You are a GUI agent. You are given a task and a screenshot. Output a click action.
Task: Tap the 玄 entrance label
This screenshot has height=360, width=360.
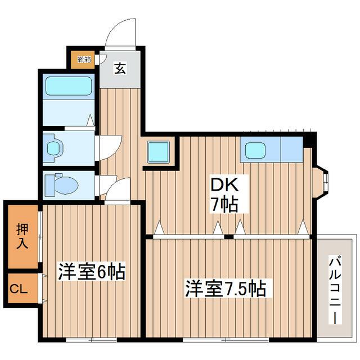click(x=120, y=68)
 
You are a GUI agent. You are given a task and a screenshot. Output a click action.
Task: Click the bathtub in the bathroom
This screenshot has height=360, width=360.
click(x=67, y=87)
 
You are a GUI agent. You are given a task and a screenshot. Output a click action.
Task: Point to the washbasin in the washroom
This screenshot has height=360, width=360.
click(x=54, y=148)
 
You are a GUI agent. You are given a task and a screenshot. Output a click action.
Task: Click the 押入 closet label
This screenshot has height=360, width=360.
click(x=22, y=236)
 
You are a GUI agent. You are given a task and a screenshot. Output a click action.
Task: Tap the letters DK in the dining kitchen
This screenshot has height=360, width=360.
click(x=225, y=184)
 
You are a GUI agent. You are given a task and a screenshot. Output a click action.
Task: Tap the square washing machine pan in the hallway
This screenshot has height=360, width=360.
click(x=158, y=152)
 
